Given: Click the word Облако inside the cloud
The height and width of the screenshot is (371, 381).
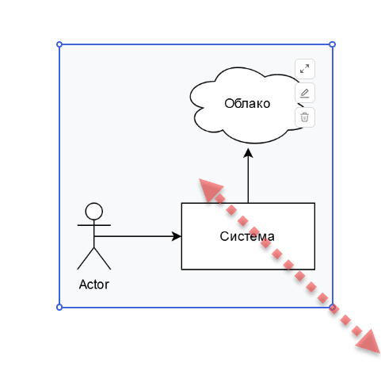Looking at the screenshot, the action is click(x=247, y=103).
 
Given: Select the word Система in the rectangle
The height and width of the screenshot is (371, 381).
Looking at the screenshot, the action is click(x=247, y=236).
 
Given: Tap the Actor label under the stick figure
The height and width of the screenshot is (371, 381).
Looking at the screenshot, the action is click(x=94, y=285).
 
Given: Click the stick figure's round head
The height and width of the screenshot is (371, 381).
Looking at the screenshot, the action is click(x=94, y=212).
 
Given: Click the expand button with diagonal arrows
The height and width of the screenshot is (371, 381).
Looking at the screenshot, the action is click(x=305, y=69).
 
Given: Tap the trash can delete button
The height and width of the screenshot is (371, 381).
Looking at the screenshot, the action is click(x=305, y=117).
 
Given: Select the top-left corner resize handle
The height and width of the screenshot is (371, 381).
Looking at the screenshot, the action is click(x=59, y=44).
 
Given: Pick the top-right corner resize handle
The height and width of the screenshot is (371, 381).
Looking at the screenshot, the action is click(x=333, y=44).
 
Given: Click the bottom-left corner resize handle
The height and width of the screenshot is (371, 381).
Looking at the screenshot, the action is click(x=59, y=307).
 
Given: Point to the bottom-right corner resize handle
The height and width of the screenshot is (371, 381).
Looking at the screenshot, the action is click(x=333, y=307).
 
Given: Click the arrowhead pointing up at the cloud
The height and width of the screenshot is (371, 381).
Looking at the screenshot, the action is click(x=248, y=153).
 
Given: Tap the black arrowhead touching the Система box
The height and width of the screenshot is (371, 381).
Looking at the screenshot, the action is click(x=177, y=236).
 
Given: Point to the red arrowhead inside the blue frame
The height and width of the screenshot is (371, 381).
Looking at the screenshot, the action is click(x=210, y=189).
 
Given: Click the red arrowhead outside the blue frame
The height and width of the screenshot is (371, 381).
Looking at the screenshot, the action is click(x=369, y=342).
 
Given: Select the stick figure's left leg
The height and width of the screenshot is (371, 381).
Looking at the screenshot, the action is click(x=86, y=258).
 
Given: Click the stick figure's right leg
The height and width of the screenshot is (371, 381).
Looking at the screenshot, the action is click(x=102, y=258).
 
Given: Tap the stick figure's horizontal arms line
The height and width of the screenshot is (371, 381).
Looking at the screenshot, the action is click(x=94, y=225).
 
